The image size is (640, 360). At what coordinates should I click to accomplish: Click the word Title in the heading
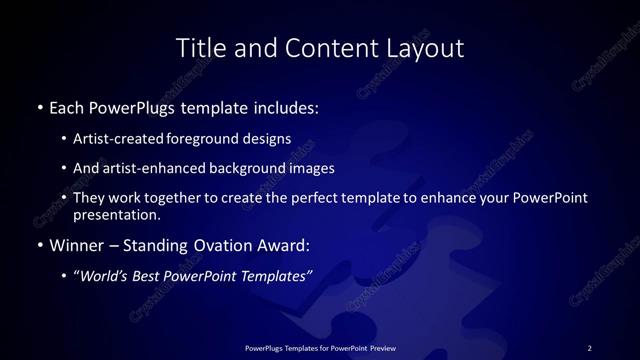[x=200, y=48]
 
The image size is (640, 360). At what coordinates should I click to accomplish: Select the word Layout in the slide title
[x=428, y=48]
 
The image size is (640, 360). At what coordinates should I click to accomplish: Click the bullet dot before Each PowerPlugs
[x=39, y=105]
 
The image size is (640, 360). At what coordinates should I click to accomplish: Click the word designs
[x=268, y=139]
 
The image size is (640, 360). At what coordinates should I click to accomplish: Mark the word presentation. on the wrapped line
[x=116, y=214]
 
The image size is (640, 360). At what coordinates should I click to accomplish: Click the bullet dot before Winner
[x=39, y=245]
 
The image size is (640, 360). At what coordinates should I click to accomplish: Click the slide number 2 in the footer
[x=589, y=347]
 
